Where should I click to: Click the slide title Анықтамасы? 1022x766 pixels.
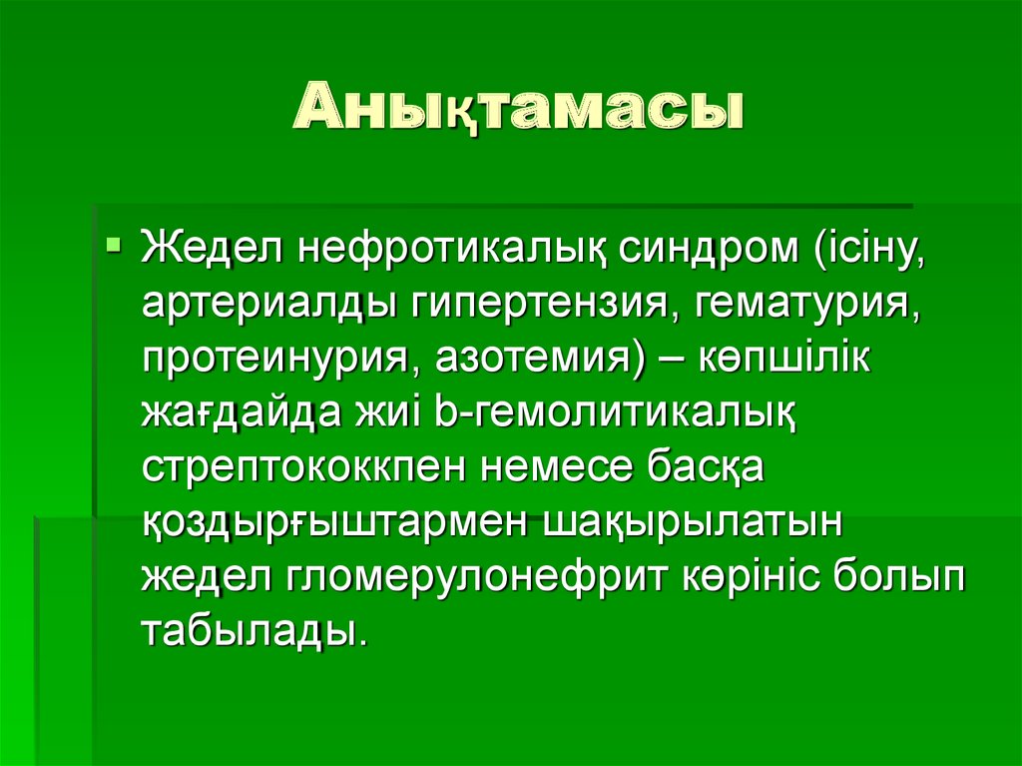519,110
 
